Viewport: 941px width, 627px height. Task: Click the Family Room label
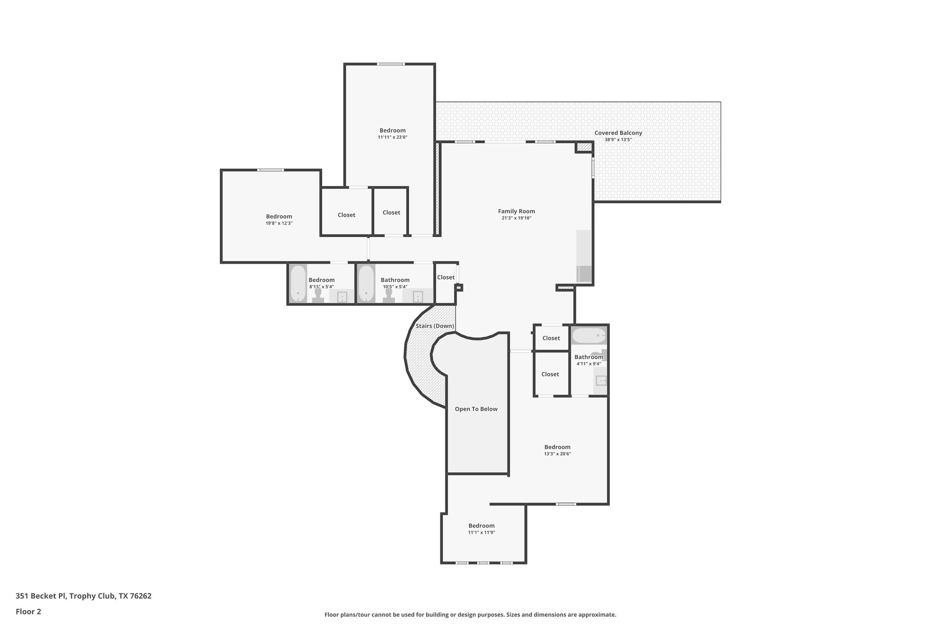tap(516, 211)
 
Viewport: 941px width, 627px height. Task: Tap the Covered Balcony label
tap(618, 133)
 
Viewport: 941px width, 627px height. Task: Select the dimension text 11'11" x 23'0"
tap(392, 137)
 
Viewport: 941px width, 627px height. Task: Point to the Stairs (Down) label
tap(435, 326)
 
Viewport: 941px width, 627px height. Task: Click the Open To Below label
tap(476, 409)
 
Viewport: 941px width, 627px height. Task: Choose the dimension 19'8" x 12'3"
tap(279, 223)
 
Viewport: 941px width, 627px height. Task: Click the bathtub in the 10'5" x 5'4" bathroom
tap(366, 283)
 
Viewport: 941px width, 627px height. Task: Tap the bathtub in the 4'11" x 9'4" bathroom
tap(589, 336)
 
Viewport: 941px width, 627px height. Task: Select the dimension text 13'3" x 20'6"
tap(557, 454)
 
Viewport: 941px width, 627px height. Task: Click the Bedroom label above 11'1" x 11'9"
tap(482, 525)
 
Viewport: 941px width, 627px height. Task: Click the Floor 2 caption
tap(28, 611)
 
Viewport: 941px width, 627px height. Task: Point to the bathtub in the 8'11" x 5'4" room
tap(298, 283)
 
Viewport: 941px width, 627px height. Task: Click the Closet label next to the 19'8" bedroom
tap(346, 215)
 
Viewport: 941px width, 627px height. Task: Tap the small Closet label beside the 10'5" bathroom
tap(446, 277)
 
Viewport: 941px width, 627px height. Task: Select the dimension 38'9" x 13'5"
tap(618, 140)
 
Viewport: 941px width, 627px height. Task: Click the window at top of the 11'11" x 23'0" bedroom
tap(391, 64)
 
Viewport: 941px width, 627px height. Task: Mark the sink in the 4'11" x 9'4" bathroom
tap(601, 380)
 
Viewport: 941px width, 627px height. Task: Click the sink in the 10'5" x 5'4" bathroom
tap(418, 297)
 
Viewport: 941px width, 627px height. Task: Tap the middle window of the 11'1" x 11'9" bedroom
tap(483, 563)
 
